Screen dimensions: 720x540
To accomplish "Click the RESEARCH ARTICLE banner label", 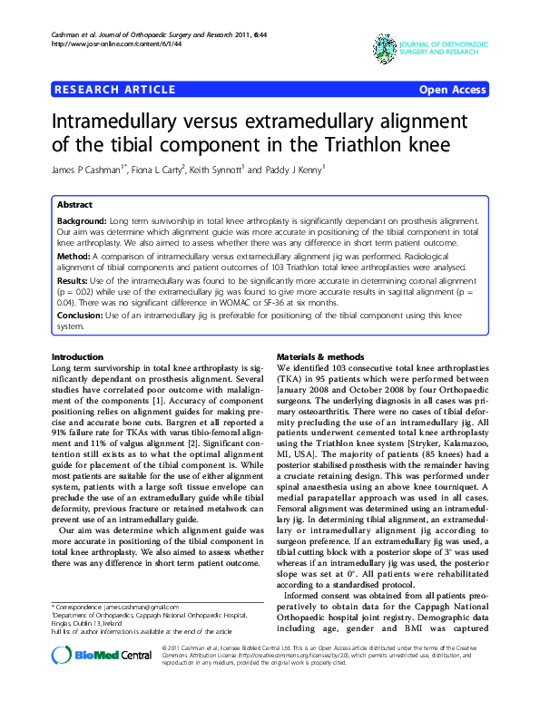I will click(114, 89).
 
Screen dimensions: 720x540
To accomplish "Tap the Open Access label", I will click(452, 89).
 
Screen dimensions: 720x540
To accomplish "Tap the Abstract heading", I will click(74, 206).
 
